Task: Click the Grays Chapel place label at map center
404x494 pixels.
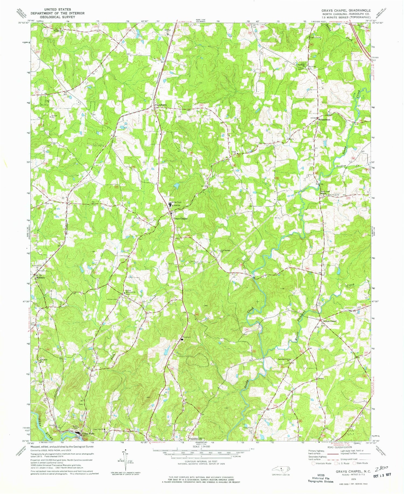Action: click(180, 219)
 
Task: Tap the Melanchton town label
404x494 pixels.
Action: click(324, 119)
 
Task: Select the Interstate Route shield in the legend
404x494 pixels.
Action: click(313, 463)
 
